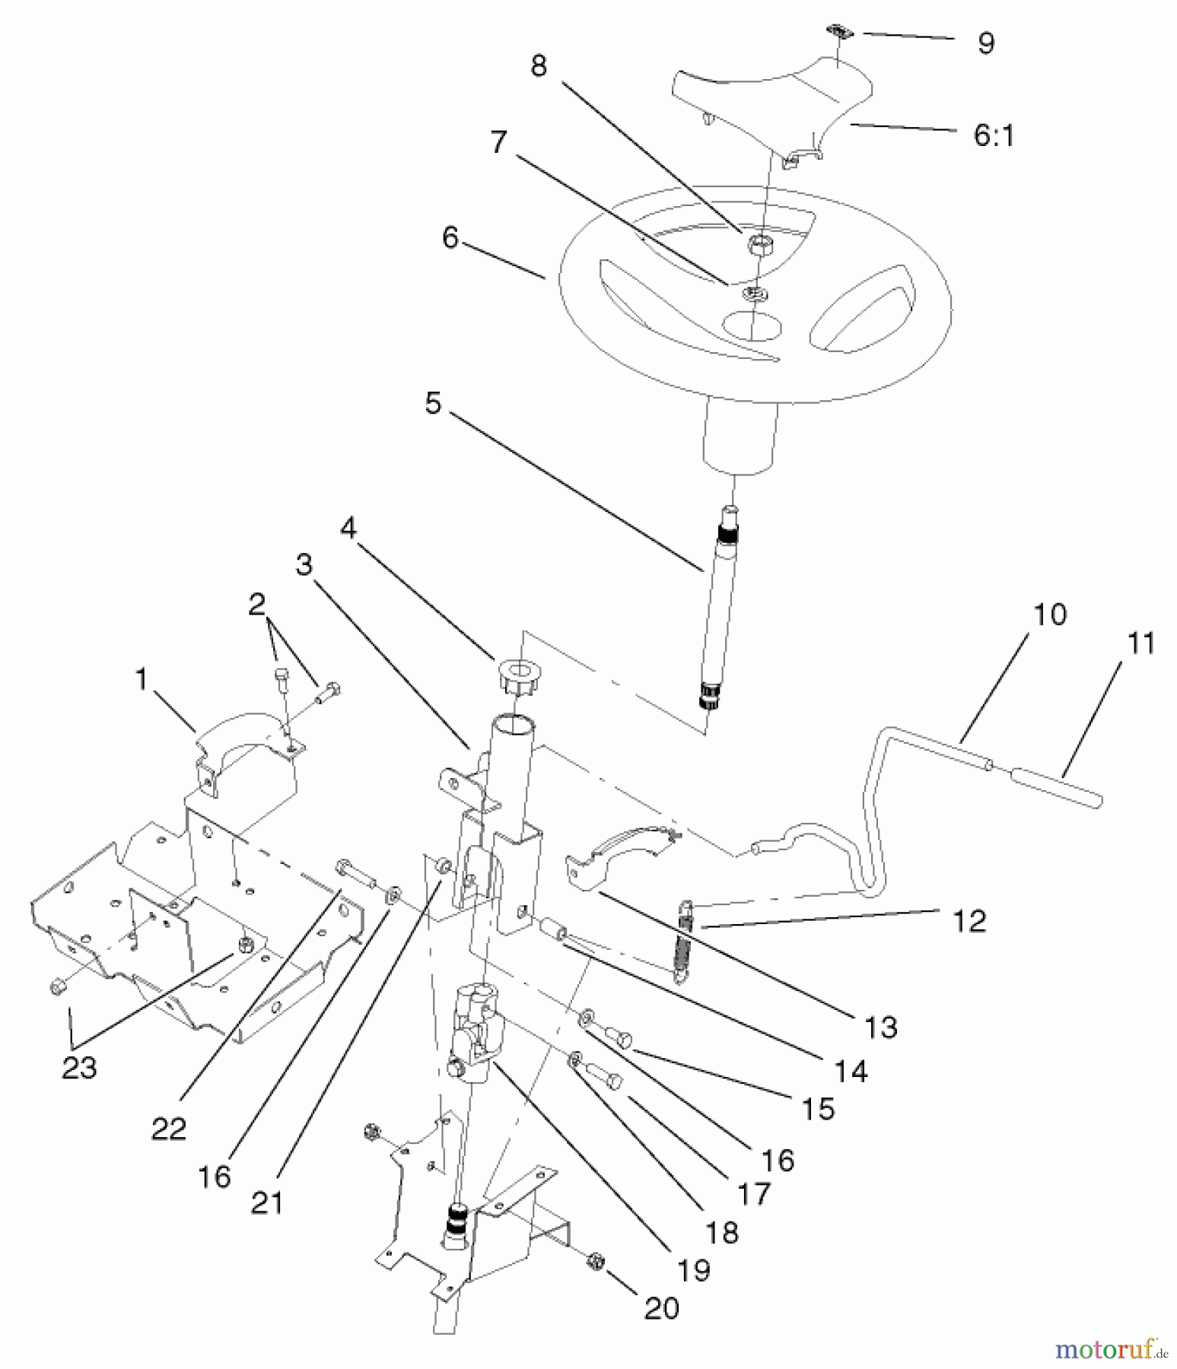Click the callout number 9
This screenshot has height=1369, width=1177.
click(x=985, y=43)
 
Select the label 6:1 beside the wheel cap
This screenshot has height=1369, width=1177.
click(x=994, y=135)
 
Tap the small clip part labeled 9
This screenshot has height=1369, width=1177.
click(x=838, y=32)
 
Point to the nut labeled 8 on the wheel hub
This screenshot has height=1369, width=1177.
click(x=759, y=244)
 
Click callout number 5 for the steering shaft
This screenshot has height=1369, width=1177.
click(x=433, y=403)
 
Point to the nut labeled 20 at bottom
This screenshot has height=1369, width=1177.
click(x=596, y=1262)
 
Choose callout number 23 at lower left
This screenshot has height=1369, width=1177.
click(x=79, y=1068)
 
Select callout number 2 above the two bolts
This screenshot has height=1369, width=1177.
click(x=257, y=605)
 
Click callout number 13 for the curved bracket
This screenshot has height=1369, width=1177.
click(x=881, y=1027)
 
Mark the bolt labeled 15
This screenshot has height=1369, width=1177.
click(x=619, y=1037)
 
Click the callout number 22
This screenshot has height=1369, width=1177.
click(x=168, y=1129)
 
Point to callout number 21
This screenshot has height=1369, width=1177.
click(x=267, y=1203)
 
